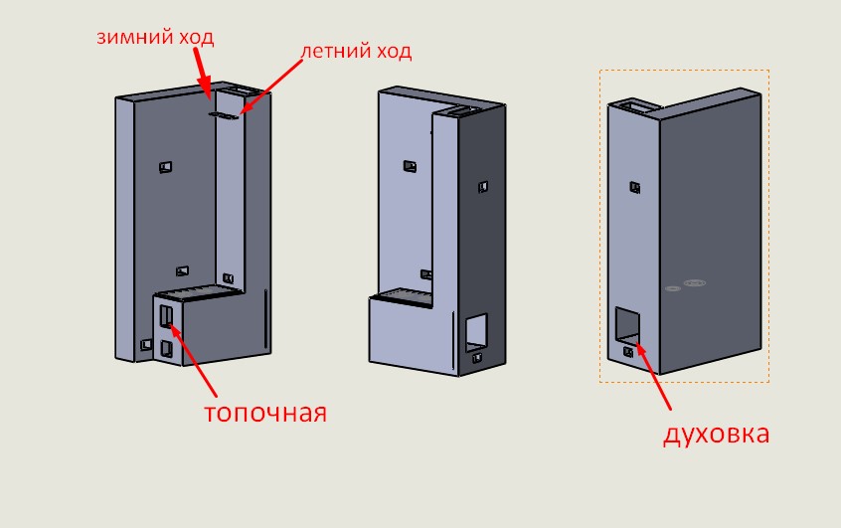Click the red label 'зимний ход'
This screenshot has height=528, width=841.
pos(155,37)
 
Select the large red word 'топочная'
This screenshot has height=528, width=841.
pos(265,412)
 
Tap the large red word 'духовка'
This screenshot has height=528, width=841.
pos(717,434)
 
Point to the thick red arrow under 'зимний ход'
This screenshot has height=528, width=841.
pos(202,73)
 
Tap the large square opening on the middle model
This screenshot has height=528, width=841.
pos(477,330)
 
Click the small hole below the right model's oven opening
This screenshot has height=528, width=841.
pos(628,351)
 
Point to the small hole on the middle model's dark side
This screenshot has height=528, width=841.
pos(483,186)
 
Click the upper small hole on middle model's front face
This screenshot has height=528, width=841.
pos(409,166)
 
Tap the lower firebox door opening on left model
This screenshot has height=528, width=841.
pos(166,348)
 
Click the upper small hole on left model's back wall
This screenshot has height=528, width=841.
pos(165,165)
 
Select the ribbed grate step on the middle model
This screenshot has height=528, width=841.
pos(404,296)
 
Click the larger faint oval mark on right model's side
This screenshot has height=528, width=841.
pos(694,282)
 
